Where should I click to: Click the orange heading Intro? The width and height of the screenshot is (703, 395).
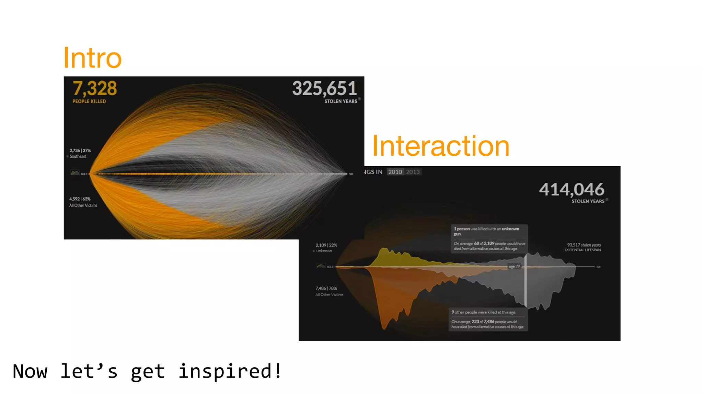pyautogui.click(x=92, y=58)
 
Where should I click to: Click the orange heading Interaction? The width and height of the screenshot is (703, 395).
pyautogui.click(x=441, y=146)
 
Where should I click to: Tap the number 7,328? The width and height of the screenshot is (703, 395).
pyautogui.click(x=95, y=88)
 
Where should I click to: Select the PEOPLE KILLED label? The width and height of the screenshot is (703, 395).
pyautogui.click(x=89, y=101)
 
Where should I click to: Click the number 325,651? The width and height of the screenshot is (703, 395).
pyautogui.click(x=324, y=88)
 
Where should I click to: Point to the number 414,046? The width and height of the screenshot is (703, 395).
pyautogui.click(x=572, y=189)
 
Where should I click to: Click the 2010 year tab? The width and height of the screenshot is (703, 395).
pyautogui.click(x=395, y=172)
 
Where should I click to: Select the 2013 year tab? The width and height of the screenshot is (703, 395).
pyautogui.click(x=413, y=172)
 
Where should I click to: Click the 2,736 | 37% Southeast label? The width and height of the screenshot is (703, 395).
pyautogui.click(x=80, y=153)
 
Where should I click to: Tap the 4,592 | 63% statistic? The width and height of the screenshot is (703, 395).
pyautogui.click(x=80, y=199)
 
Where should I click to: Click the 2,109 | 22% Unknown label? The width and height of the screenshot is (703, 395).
pyautogui.click(x=326, y=248)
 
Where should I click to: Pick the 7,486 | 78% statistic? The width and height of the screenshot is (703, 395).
pyautogui.click(x=326, y=288)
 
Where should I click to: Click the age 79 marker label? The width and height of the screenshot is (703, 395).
pyautogui.click(x=514, y=266)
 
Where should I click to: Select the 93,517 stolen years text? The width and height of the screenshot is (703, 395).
pyautogui.click(x=584, y=245)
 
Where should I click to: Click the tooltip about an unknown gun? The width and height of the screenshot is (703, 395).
pyautogui.click(x=489, y=239)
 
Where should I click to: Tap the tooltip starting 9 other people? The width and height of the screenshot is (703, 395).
pyautogui.click(x=488, y=319)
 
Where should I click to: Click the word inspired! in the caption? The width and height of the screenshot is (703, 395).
pyautogui.click(x=230, y=371)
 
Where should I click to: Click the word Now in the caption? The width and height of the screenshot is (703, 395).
pyautogui.click(x=30, y=371)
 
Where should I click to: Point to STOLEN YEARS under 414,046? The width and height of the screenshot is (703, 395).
pyautogui.click(x=588, y=201)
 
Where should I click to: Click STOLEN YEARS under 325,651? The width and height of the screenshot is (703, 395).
pyautogui.click(x=341, y=101)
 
